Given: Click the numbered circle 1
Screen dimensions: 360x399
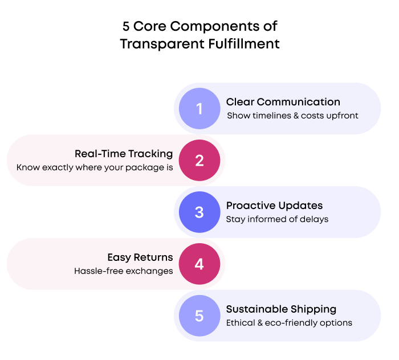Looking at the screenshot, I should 199,108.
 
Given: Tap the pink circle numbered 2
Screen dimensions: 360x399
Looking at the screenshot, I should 199,160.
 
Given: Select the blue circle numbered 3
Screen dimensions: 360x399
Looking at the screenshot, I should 199,212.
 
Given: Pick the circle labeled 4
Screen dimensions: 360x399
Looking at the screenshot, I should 199,264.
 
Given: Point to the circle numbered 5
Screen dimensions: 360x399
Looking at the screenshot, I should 199,316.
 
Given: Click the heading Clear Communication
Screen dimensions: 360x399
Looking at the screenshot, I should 283,102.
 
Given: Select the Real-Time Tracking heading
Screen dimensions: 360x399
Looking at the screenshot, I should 124,154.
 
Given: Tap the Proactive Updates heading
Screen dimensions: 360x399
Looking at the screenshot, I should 274,206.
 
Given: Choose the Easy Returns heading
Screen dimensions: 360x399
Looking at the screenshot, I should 140,257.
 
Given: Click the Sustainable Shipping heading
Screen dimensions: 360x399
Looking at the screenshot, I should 281,309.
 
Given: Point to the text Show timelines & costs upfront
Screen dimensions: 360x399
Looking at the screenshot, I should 292,116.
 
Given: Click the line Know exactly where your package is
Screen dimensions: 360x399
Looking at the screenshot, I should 95,167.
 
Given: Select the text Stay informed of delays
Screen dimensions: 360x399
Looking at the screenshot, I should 277,219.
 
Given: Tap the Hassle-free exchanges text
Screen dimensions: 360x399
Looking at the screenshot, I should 124,271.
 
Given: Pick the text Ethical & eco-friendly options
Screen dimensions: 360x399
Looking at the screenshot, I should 289,323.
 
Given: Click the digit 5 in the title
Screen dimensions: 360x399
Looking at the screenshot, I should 126,26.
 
